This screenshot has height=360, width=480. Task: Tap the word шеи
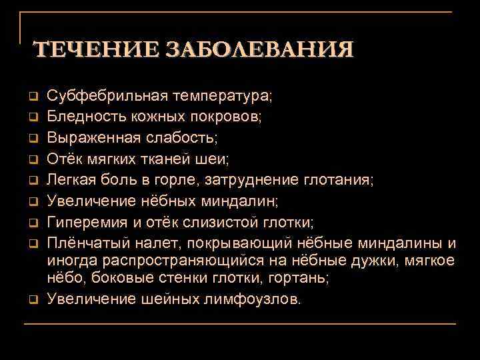(x=213, y=158)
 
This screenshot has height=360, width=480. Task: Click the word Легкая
(x=73, y=179)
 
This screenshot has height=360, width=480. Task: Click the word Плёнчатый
(x=85, y=241)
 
